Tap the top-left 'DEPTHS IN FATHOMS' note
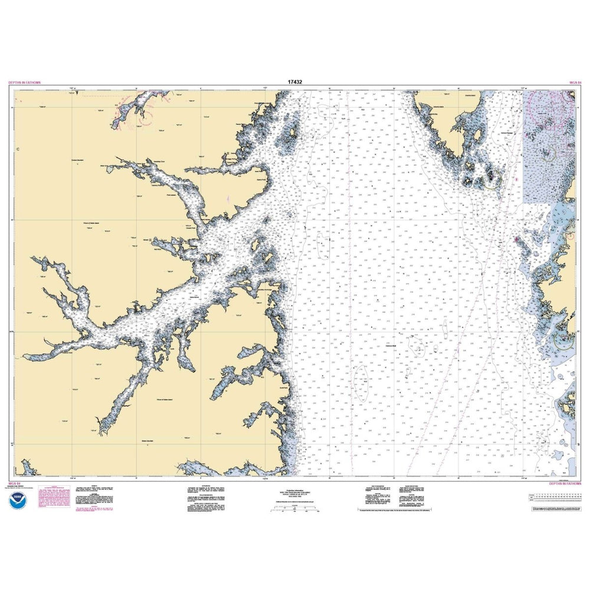tap(24, 83)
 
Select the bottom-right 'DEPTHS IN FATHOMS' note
tap(565, 483)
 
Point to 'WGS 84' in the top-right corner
tap(575, 83)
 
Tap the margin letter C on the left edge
tap(18, 149)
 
